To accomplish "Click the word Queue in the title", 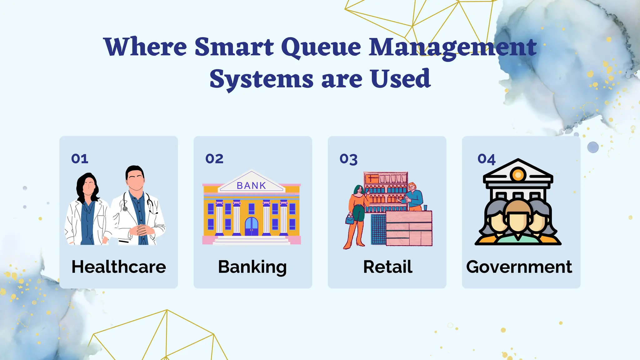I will coord(321,47).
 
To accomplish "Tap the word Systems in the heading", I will coord(261,79).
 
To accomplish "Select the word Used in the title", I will coord(401,79).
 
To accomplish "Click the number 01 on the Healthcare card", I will coord(80,159).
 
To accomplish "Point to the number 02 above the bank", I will coord(214,159).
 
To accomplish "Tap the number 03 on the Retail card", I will coord(348,159).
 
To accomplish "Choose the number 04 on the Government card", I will coord(486,159).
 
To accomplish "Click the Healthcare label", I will coord(119,267).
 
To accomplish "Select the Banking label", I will coord(252,267).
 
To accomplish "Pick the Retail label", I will coord(387,267).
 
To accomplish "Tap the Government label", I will coord(519,267).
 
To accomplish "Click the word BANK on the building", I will coord(251,186).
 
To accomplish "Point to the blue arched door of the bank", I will coord(252,227).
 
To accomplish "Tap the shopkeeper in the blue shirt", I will coord(414,197).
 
